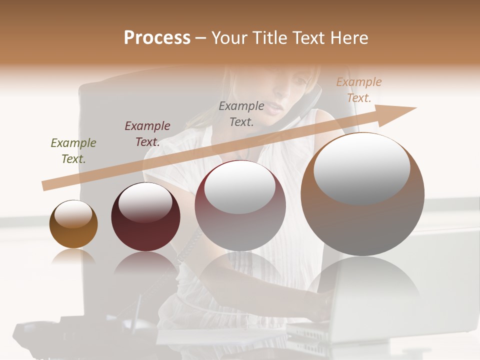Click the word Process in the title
point(157,38)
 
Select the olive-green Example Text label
point(73,150)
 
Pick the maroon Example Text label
point(147,133)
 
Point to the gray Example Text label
point(241,113)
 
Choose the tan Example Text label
point(358,89)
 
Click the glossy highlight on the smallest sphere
point(73,214)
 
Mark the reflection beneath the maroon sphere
point(145,263)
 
